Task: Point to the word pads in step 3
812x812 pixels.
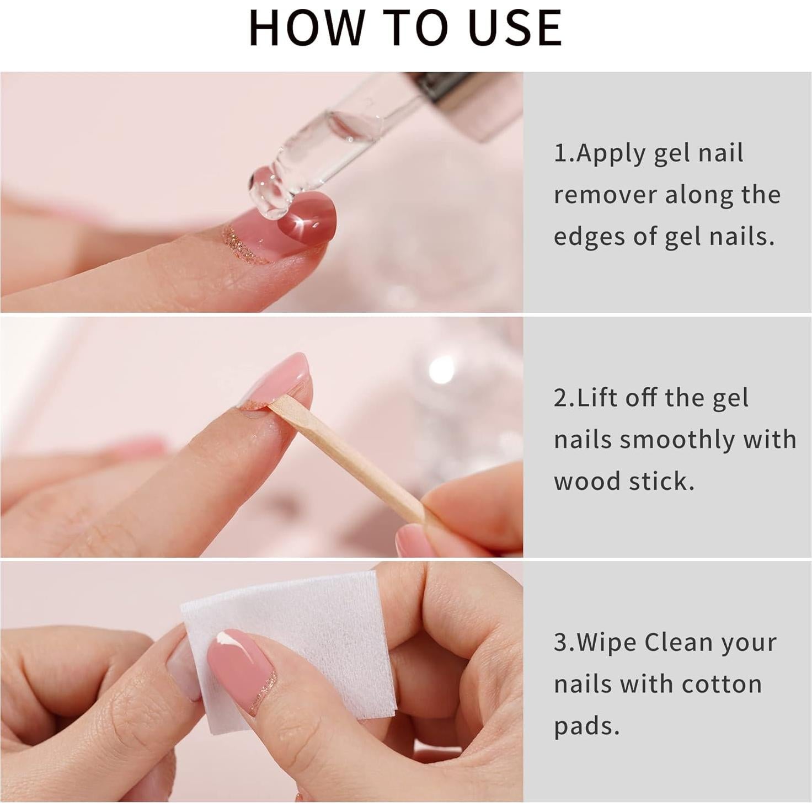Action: pos(586,726)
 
